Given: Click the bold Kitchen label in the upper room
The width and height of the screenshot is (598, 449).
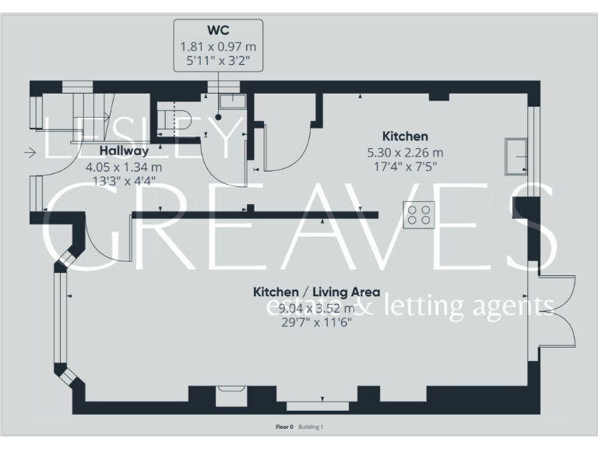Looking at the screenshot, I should click(404, 136).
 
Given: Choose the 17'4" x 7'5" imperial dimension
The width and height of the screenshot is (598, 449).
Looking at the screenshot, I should click(404, 166).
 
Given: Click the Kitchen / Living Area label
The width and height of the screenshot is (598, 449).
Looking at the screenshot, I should click(316, 292).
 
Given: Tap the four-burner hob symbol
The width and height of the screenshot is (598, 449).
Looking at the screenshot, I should click(418, 214).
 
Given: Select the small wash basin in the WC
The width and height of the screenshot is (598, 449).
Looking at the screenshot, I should click(231, 101).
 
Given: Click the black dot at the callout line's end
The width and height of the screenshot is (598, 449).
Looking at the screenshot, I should click(220, 117).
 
